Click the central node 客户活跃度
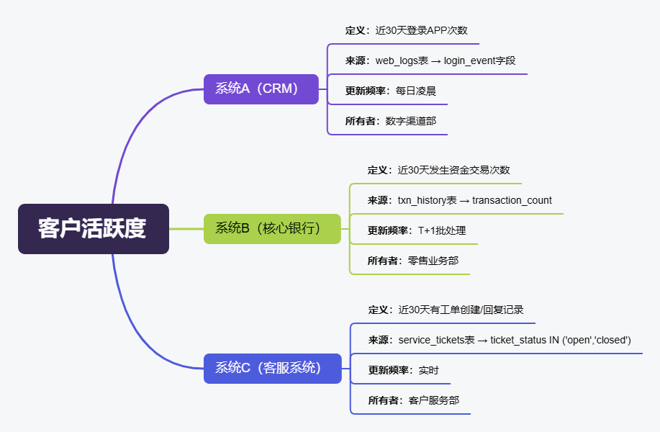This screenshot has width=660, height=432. [x=93, y=229]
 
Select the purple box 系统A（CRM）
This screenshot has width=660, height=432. [x=261, y=89]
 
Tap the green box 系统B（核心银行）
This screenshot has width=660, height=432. [x=272, y=229]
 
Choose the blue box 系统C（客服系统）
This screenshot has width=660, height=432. [x=272, y=368]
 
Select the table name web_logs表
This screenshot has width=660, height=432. [x=402, y=60]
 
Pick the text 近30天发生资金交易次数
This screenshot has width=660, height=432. [x=453, y=170]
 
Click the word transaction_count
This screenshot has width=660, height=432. [x=512, y=200]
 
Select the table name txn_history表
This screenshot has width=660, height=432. [x=428, y=200]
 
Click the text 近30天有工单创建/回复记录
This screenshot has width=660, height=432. [x=461, y=310]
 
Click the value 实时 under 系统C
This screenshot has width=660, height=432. [x=429, y=370]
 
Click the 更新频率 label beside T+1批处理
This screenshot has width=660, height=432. [x=389, y=230]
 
